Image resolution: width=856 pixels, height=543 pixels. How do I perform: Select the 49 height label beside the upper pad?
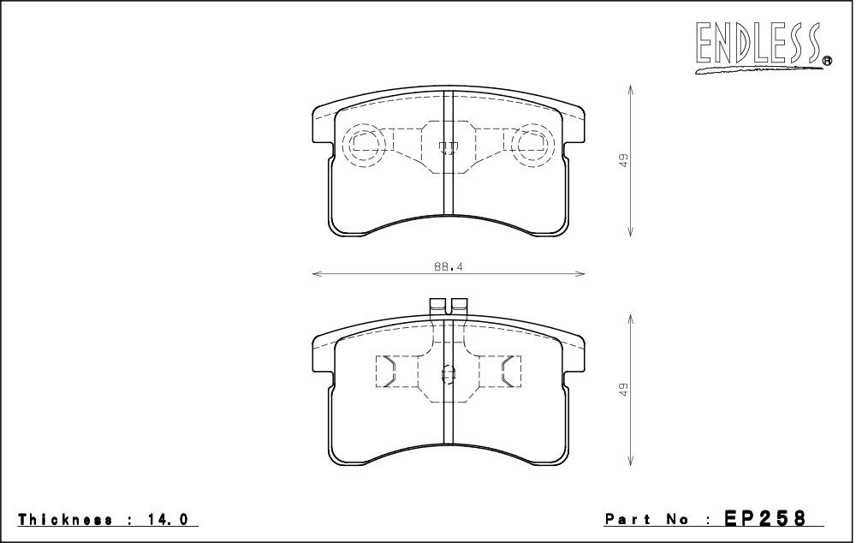(624, 161)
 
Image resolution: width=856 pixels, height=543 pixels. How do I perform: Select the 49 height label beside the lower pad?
(624, 390)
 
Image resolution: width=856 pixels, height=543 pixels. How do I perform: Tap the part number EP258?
(764, 517)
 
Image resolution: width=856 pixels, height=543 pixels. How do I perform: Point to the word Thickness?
(66, 519)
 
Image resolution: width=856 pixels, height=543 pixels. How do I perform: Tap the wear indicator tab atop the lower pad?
(449, 306)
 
